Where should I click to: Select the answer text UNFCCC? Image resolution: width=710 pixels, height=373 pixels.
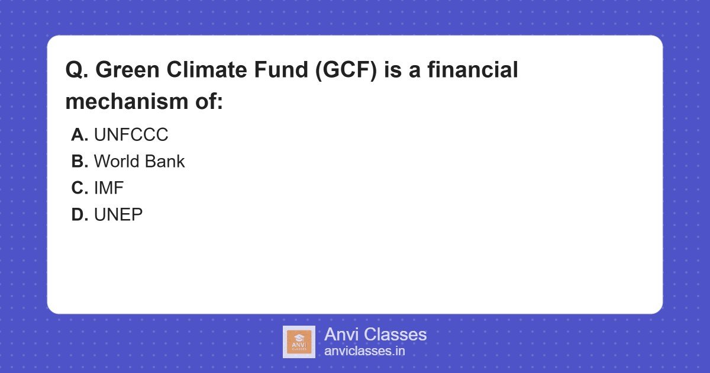point(131,135)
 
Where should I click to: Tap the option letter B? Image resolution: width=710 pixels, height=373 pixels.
point(79,162)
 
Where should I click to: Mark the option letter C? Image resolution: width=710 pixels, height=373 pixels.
point(79,188)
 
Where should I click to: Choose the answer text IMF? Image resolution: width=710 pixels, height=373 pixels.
point(109,188)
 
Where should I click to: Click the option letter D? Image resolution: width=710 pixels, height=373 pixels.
point(79,215)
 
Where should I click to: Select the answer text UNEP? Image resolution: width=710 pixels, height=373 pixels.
point(118,215)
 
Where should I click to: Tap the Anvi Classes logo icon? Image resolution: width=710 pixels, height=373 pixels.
point(299,342)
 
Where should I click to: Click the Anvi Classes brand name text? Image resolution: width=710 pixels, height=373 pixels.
point(375,335)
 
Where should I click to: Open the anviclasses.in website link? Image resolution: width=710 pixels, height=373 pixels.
point(364,351)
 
